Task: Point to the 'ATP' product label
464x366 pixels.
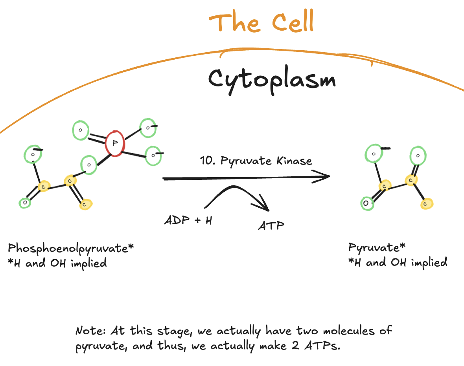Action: coord(271,225)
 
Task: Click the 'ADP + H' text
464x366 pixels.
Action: coord(188,220)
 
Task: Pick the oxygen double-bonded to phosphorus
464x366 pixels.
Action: coord(80,130)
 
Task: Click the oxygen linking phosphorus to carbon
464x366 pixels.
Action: coord(89,165)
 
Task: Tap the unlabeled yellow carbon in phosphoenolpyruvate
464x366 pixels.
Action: coord(86,204)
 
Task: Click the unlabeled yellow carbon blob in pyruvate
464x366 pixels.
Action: coord(426,203)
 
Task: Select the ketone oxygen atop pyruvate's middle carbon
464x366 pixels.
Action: coord(418,156)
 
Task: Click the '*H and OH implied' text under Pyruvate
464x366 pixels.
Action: coord(398,262)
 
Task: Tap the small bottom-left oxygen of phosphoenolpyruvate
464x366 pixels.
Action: coord(25,203)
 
